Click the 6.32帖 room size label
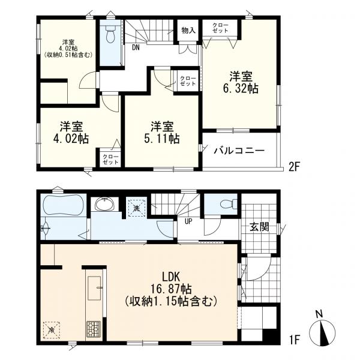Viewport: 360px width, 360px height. pos(241,88)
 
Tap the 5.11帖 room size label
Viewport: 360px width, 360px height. pos(162,139)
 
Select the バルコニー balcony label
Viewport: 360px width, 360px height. pos(239,151)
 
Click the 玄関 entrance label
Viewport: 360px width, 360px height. pos(259,227)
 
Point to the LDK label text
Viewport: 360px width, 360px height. pos(171,277)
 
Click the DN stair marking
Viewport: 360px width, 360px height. pos(136,47)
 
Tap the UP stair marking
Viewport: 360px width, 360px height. pos(188,221)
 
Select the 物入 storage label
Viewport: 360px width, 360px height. pos(188,31)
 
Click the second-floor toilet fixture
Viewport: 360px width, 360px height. pos(110,34)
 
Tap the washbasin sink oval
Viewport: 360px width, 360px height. pos(104,204)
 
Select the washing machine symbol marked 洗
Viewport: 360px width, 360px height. pos(137,208)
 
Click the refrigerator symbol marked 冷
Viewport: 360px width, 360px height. pos(52,330)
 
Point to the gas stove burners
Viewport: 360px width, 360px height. pos(94,329)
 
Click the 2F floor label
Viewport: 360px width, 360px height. pos(295,167)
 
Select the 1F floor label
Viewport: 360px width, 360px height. pos(295,340)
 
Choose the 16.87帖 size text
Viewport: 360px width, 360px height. pos(171,289)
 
